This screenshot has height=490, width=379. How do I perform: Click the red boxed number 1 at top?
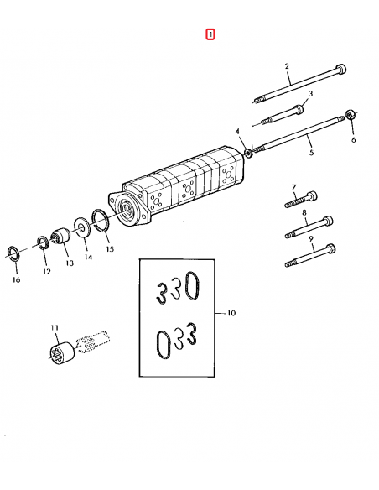(210, 34)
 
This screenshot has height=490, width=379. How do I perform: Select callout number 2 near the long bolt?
(287, 65)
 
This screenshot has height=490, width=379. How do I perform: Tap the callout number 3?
(309, 94)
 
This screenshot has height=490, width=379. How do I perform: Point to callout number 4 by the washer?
(237, 132)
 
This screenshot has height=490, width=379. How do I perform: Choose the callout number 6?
(353, 139)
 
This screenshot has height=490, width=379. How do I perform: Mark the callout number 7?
(293, 186)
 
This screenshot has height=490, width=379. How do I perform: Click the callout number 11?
(55, 327)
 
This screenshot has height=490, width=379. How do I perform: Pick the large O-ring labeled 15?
(100, 223)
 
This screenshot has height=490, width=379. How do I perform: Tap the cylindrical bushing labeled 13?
(61, 238)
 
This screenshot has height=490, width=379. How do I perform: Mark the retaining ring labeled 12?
(42, 244)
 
